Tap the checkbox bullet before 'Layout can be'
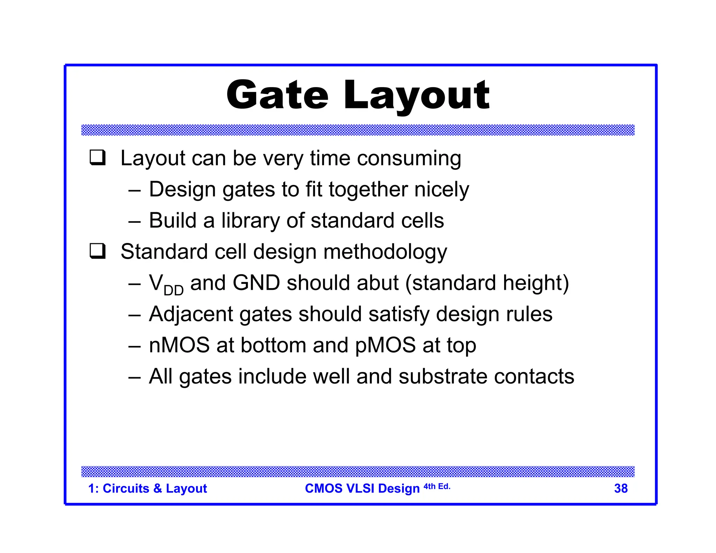click(x=98, y=158)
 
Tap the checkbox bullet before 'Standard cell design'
click(x=98, y=251)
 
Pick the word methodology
click(x=385, y=252)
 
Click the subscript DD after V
click(x=173, y=290)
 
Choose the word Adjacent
click(x=191, y=314)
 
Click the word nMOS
click(x=179, y=345)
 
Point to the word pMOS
click(x=385, y=346)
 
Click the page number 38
click(x=621, y=488)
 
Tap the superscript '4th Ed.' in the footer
click(x=437, y=486)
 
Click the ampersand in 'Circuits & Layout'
click(x=157, y=488)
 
